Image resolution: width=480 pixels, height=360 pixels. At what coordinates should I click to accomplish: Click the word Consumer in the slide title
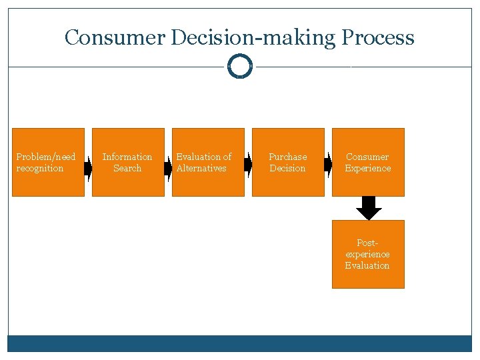point(115,37)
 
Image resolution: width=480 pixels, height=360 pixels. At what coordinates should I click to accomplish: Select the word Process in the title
point(378,38)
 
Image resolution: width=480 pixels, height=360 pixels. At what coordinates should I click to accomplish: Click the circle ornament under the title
point(240,67)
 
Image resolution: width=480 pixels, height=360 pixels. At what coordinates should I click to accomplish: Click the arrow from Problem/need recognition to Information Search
point(88,166)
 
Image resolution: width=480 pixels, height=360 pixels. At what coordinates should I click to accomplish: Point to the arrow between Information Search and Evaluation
point(168,166)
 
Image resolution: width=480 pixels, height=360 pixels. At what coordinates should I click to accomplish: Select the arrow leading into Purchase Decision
point(248,165)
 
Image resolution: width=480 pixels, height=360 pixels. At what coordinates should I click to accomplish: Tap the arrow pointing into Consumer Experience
point(328,165)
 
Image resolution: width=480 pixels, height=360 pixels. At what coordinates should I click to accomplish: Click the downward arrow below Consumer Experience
point(369,208)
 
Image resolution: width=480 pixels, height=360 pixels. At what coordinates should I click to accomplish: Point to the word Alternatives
point(201,169)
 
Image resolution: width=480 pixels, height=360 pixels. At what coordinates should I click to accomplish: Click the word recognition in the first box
point(40,169)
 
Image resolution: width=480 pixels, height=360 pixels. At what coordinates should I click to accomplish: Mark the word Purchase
point(288,157)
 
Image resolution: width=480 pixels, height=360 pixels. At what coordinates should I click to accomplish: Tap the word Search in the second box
point(127,169)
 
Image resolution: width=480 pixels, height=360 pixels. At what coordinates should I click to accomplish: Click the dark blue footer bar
point(240,343)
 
